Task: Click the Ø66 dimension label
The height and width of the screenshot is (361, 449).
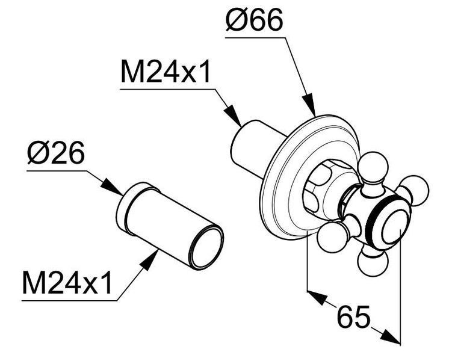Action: point(254,20)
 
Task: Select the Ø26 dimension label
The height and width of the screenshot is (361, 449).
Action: point(56,153)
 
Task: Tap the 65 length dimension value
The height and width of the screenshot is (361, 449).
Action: point(353,316)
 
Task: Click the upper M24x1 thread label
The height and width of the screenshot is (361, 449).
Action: point(166,71)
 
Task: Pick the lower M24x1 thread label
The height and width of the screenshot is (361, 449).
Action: point(67,283)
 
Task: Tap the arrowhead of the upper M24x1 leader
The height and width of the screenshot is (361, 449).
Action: point(234,116)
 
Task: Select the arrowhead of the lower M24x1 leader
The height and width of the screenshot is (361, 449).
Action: point(150,260)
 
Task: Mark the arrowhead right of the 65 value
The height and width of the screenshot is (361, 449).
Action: point(390,337)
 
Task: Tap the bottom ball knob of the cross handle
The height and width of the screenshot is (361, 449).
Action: point(373,261)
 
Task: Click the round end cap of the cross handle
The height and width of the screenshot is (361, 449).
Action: point(395,227)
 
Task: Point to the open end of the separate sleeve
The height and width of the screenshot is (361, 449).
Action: point(207,247)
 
